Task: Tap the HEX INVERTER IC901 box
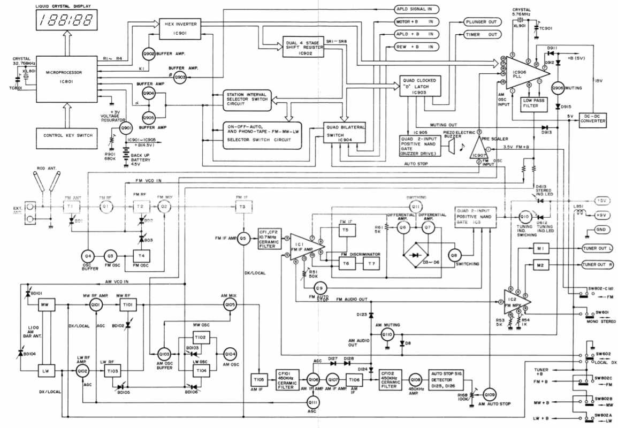179,28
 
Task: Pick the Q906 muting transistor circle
559,87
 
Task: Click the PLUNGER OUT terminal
470,22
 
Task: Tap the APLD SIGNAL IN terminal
417,9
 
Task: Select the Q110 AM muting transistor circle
387,335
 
